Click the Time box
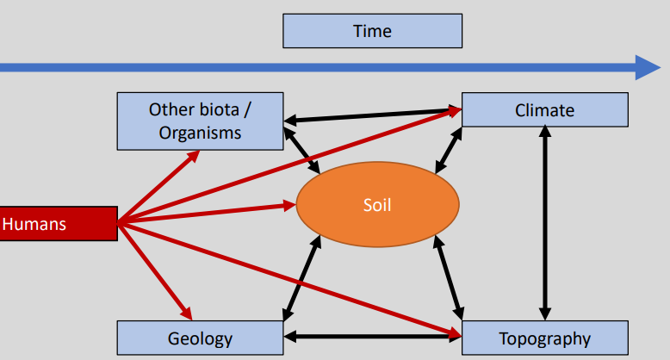(x=372, y=31)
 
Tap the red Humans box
(x=59, y=224)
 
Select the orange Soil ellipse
(x=378, y=204)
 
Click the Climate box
(x=545, y=110)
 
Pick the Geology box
(x=200, y=338)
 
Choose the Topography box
(x=545, y=338)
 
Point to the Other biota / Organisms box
(x=200, y=121)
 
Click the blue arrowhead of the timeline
(x=648, y=67)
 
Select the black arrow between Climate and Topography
(x=545, y=223)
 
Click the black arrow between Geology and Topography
(x=373, y=337)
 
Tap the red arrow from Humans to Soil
(x=207, y=214)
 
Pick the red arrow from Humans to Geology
(x=155, y=271)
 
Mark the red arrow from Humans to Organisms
(x=159, y=186)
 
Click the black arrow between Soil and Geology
(x=301, y=278)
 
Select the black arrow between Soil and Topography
(x=449, y=277)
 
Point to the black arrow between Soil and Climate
(x=449, y=151)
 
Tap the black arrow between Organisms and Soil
(x=301, y=151)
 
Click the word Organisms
(x=200, y=133)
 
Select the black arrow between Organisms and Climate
(x=373, y=115)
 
